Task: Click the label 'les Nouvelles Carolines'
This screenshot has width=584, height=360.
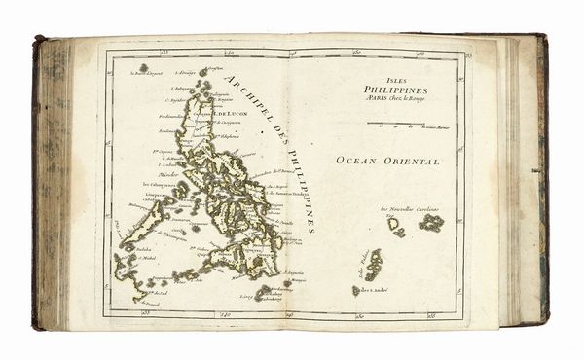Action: coord(410,209)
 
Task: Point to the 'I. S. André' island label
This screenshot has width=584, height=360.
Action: coord(374,289)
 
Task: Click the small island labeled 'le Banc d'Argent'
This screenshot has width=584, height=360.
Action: coord(143,69)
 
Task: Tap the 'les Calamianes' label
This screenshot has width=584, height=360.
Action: coord(160,184)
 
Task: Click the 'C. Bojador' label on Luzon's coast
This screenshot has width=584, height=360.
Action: coord(176,99)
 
